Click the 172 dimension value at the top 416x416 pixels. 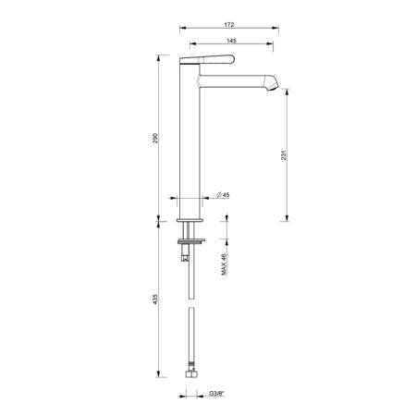point(229,25)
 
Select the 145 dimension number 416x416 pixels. point(231,41)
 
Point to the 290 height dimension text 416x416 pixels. point(155,138)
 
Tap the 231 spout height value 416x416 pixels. point(284,155)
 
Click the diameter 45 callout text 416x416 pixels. point(223,195)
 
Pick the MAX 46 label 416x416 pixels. point(224,264)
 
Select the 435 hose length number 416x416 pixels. point(155,300)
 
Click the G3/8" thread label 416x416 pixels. point(217,394)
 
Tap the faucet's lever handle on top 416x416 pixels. point(207,59)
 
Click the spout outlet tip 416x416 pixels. point(273,87)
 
